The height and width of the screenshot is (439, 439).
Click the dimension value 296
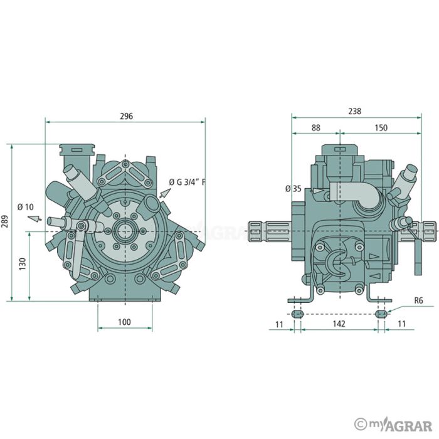[x=126, y=116]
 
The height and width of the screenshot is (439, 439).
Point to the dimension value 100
[x=124, y=322]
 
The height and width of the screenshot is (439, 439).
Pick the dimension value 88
[x=315, y=127]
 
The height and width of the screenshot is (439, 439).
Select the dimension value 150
[x=380, y=127]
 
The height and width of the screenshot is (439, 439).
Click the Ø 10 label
[x=25, y=206]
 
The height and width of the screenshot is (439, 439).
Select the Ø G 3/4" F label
[x=188, y=182]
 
